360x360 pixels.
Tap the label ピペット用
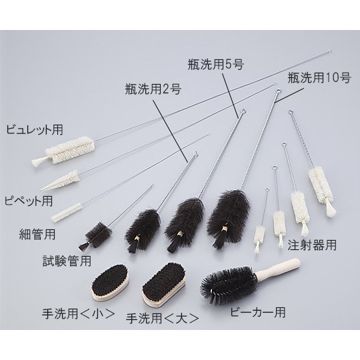pos(27,200)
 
